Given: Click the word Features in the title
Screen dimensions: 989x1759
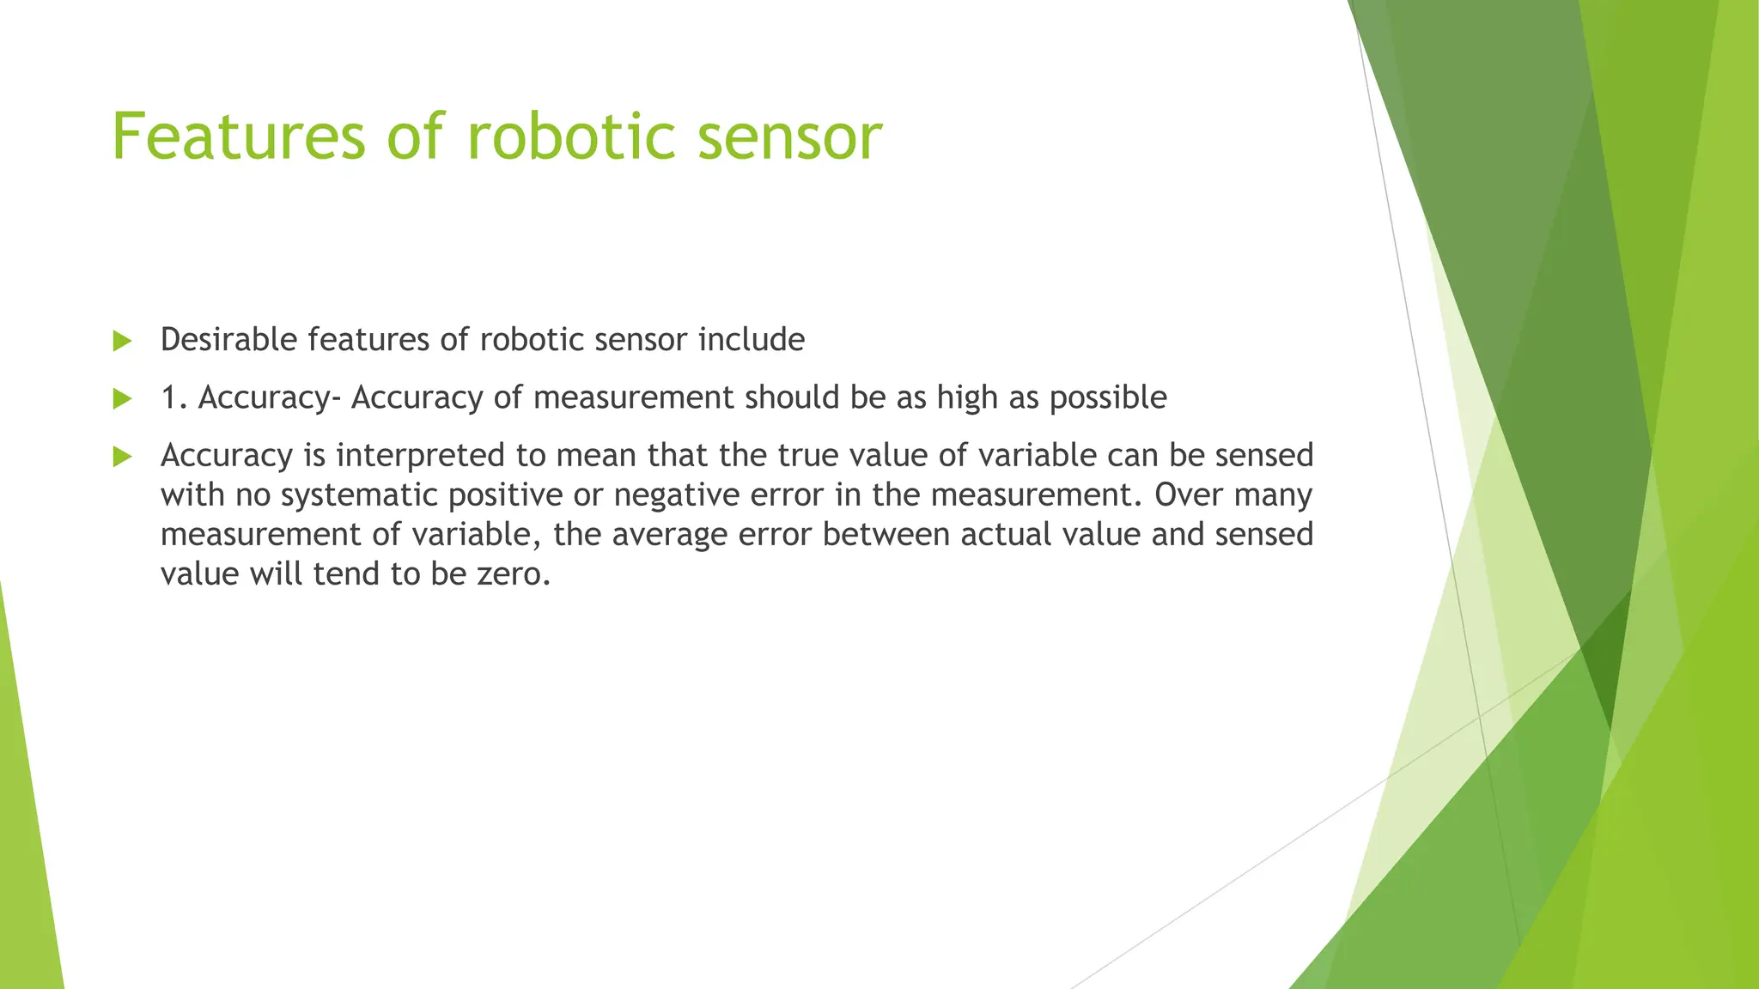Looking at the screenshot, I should click(239, 137).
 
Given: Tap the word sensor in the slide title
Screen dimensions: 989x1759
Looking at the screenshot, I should click(789, 137).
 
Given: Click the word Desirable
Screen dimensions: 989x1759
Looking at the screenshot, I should click(228, 340).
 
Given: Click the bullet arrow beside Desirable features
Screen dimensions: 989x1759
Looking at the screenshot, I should click(122, 341).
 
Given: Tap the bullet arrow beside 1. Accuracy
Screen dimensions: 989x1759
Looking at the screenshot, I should click(122, 398).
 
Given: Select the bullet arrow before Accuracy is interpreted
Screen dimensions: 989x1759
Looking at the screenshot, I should click(122, 456).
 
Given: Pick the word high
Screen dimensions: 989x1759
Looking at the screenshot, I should click(967, 398).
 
